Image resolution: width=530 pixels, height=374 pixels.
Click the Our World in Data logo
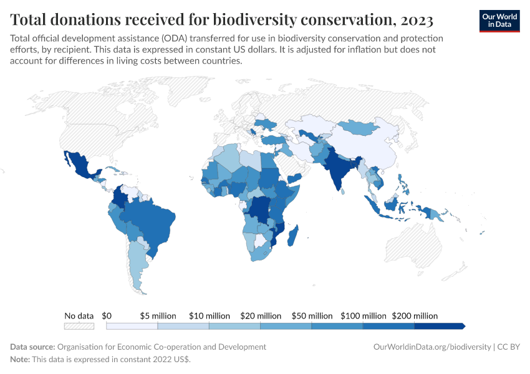click(x=499, y=21)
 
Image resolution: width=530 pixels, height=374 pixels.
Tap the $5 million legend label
click(x=158, y=316)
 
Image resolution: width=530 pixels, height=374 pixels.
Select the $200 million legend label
click(x=414, y=316)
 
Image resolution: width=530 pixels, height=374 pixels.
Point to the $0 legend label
click(x=107, y=316)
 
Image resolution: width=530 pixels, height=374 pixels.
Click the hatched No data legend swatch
click(x=79, y=326)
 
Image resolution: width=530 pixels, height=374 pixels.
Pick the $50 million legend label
click(x=312, y=316)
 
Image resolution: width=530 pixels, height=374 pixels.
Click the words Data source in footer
click(x=32, y=347)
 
